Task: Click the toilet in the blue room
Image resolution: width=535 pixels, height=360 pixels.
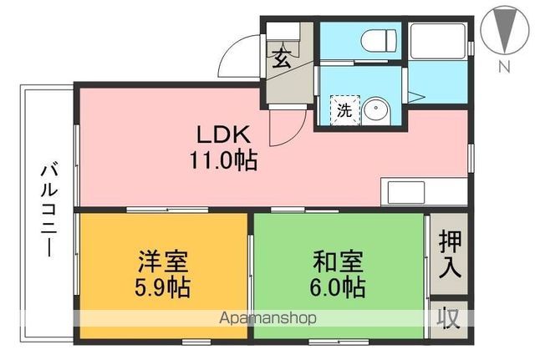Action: point(376,38)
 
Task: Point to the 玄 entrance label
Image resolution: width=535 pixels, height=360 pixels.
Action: point(283,58)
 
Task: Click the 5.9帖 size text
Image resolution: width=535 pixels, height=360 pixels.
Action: point(163,287)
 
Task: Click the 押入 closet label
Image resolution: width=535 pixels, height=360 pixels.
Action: point(448,255)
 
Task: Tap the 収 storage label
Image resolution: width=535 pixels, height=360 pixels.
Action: point(448,318)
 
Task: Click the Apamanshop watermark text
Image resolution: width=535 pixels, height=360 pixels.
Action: point(267,318)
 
